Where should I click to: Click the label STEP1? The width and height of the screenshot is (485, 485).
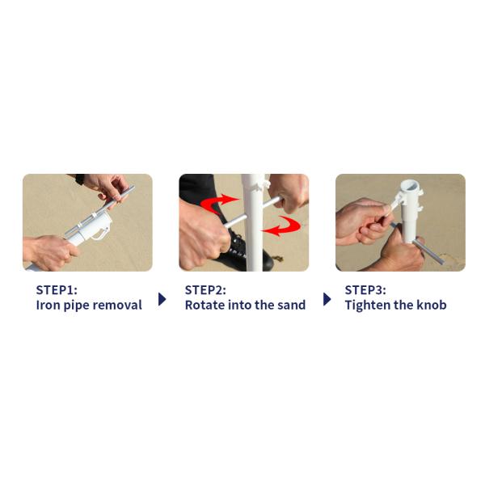point(57,290)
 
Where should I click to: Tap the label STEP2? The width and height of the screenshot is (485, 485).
point(205,290)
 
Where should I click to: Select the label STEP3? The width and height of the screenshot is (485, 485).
point(365,290)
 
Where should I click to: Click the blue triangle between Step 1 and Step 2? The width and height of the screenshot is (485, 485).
point(162,299)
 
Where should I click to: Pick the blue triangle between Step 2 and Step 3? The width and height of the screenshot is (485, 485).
point(327,299)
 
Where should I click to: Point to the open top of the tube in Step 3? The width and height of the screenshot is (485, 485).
point(410,187)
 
